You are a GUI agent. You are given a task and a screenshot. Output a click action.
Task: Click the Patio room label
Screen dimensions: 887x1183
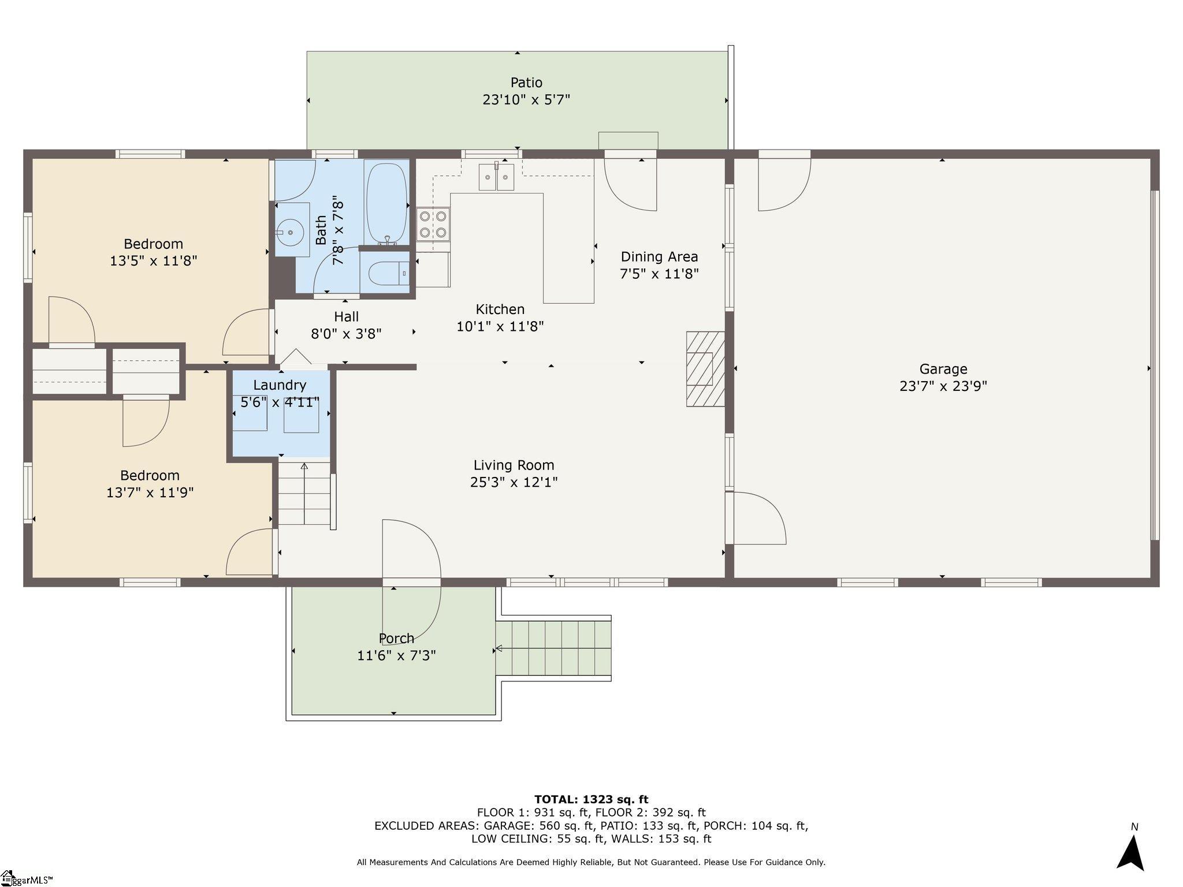tap(526, 83)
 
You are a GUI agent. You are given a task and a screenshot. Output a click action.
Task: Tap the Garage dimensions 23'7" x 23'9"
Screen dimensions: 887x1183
tap(943, 386)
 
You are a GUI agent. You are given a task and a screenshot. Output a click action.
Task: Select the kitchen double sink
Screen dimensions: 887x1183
tap(496, 177)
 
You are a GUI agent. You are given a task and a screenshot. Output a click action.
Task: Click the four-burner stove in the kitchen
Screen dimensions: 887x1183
tap(433, 225)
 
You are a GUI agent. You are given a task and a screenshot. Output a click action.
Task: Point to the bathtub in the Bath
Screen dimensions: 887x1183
tap(386, 203)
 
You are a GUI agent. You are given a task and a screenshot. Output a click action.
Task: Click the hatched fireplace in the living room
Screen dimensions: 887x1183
tap(705, 368)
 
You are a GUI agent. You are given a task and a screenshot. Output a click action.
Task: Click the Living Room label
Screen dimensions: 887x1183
tap(514, 465)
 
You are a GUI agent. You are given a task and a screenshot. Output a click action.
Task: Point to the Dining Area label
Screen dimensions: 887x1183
tap(659, 256)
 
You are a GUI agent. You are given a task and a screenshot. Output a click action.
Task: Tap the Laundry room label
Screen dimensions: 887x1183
tap(280, 385)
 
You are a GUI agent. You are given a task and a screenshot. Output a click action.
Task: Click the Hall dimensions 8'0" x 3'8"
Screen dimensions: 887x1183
tap(346, 334)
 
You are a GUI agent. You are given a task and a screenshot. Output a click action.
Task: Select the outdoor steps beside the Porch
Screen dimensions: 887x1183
tap(553, 648)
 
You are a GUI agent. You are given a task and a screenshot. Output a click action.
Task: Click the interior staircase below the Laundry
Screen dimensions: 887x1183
tap(304, 493)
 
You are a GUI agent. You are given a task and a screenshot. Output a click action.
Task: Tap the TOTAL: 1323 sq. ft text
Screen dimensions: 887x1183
tap(591, 799)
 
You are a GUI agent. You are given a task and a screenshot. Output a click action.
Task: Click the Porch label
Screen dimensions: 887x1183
tap(396, 638)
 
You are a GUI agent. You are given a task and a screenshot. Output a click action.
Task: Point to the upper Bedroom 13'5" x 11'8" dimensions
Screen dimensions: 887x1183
tap(153, 261)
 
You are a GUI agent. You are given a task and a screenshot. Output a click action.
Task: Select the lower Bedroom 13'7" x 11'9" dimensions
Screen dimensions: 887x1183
tap(150, 493)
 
